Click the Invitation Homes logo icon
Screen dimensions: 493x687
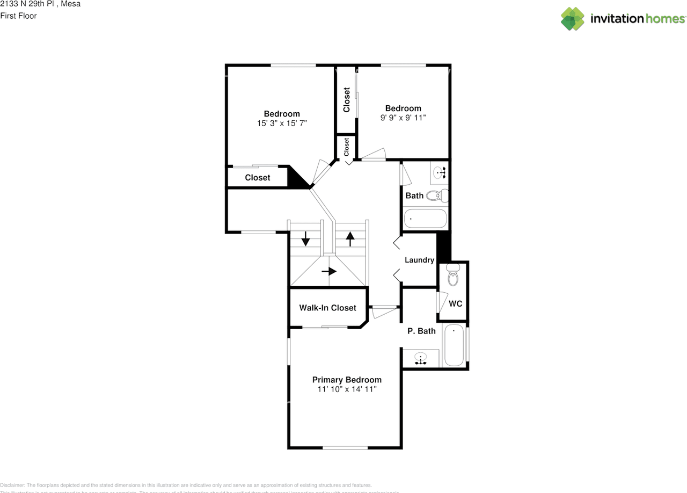point(572,19)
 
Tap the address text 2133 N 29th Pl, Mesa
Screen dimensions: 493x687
point(40,4)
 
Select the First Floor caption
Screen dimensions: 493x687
point(19,16)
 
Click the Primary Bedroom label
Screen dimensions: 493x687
point(347,380)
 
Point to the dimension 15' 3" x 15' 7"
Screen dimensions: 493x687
point(282,123)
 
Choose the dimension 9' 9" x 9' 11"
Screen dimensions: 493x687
point(403,118)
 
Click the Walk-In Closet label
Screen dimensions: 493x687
point(327,308)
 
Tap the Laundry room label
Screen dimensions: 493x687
point(419,260)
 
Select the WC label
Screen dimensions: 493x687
point(455,303)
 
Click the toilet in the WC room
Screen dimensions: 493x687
point(452,275)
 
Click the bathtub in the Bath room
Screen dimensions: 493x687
point(425,219)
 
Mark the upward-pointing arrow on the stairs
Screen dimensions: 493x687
point(350,238)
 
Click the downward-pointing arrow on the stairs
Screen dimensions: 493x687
point(305,238)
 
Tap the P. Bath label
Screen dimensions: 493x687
point(421,331)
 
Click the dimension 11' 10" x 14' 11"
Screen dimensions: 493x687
point(347,389)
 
